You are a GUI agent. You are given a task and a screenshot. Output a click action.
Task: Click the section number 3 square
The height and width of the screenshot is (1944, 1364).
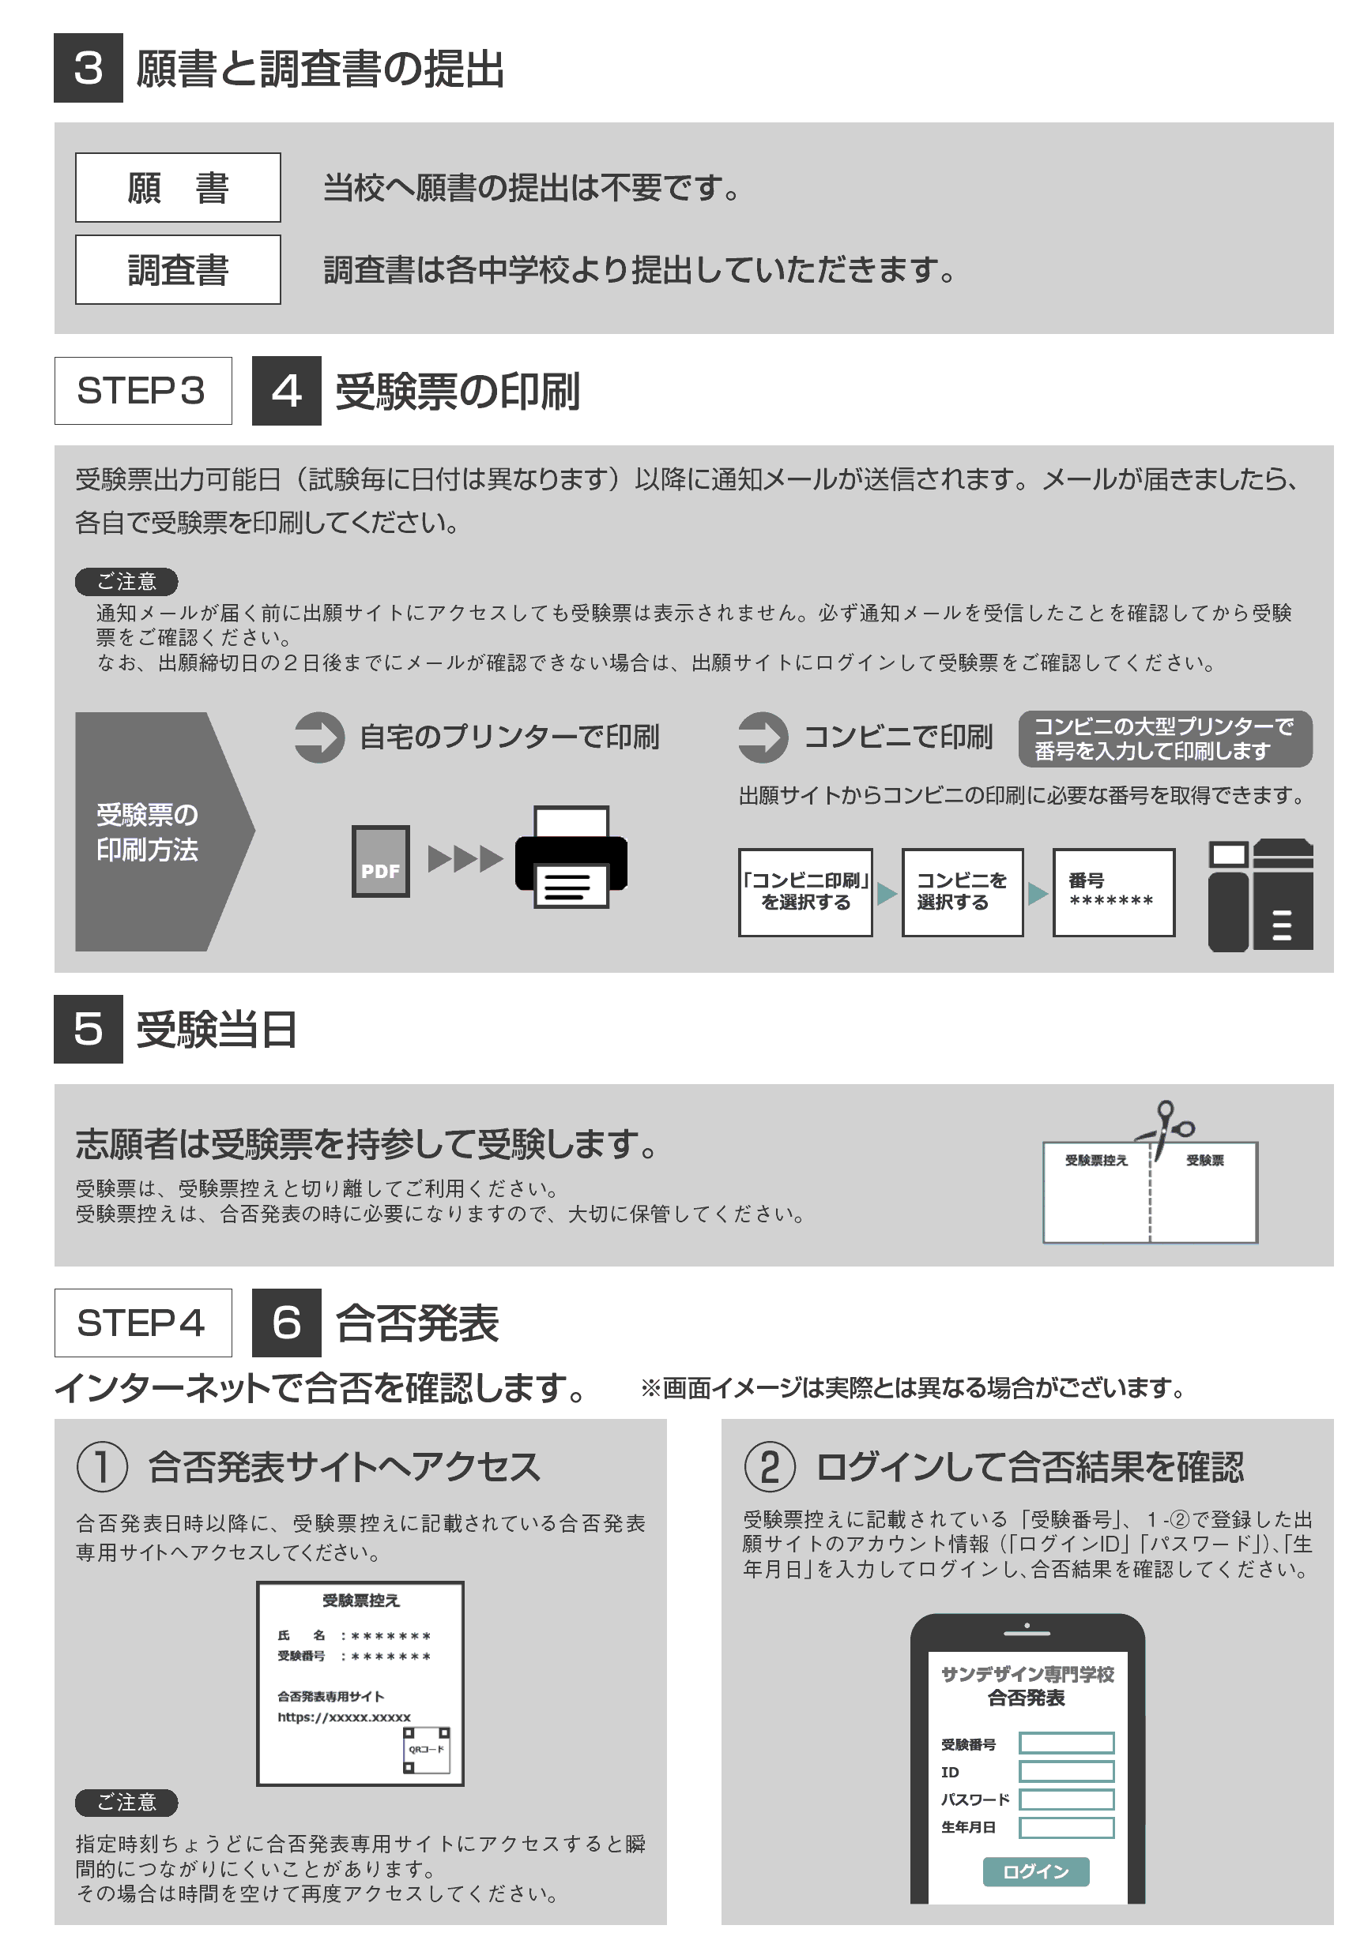[88, 68]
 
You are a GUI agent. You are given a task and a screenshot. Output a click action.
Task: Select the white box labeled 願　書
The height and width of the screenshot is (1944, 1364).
[178, 187]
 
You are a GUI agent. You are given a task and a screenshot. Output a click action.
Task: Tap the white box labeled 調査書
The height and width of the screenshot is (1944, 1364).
[178, 269]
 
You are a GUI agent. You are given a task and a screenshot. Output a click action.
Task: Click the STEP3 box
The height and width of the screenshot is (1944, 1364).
[143, 390]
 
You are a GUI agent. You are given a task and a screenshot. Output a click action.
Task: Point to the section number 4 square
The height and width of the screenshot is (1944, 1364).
[286, 390]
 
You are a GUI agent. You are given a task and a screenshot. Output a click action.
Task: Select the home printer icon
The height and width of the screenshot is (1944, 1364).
[571, 857]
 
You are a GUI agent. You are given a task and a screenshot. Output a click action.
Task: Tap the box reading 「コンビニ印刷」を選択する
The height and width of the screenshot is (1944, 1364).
[804, 892]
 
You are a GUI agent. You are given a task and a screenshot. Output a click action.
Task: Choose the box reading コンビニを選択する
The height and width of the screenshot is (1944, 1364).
[963, 892]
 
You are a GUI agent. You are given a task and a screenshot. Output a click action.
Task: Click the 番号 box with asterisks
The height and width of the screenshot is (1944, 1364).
[1114, 892]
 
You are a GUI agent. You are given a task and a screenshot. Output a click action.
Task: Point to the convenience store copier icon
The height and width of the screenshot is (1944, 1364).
[1260, 895]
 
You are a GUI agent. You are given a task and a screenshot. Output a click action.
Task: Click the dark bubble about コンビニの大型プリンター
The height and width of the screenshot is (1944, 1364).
[1165, 738]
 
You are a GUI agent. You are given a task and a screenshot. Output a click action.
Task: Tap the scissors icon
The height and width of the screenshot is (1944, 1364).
[1166, 1128]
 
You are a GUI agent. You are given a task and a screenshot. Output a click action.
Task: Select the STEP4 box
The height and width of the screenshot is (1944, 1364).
[143, 1323]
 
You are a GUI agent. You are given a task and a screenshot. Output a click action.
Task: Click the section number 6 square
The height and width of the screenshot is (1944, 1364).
[286, 1323]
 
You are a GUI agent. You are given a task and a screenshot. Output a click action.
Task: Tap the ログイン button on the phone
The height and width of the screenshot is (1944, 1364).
[1035, 1871]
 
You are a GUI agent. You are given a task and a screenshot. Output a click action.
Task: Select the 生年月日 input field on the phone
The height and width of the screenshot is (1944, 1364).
[1066, 1827]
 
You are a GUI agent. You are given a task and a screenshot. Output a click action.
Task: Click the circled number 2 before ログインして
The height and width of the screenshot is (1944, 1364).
[769, 1466]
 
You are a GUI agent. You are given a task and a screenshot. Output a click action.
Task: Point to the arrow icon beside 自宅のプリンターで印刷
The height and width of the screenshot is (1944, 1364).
[319, 737]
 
